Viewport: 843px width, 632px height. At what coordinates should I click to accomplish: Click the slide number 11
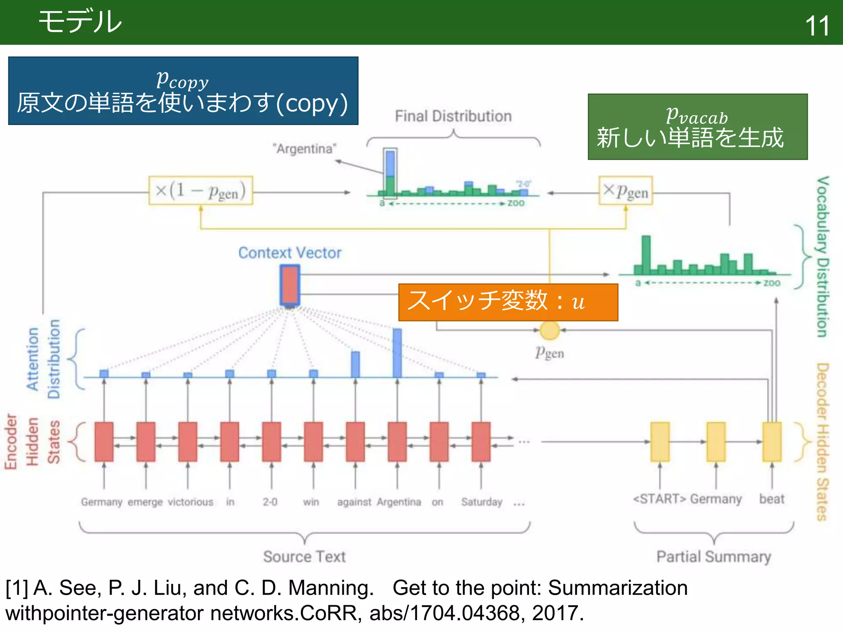(x=817, y=26)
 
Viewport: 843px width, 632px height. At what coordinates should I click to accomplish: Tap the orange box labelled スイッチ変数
(x=508, y=302)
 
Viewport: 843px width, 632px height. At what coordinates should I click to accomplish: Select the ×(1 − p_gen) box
(x=200, y=191)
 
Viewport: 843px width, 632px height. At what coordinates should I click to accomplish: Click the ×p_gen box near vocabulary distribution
(x=626, y=191)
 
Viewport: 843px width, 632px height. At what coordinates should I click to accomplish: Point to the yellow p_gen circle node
(x=550, y=330)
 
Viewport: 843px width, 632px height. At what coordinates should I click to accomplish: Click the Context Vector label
(x=290, y=253)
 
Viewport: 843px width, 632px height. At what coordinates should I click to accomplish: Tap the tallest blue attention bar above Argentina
(x=397, y=353)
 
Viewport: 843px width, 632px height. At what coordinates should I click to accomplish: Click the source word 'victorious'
(x=191, y=502)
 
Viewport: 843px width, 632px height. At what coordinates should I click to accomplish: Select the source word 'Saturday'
(x=482, y=502)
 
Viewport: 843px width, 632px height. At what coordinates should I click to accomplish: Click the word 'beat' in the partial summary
(x=772, y=499)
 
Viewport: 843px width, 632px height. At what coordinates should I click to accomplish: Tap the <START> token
(x=659, y=499)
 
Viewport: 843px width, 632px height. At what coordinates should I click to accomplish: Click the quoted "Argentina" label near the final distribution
(x=305, y=149)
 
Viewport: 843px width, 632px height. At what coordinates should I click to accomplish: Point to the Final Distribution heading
(x=453, y=116)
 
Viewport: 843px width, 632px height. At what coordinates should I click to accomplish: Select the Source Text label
(x=304, y=557)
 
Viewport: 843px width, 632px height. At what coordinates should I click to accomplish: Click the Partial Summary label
(x=714, y=557)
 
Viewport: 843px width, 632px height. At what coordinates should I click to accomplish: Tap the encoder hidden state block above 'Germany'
(x=104, y=441)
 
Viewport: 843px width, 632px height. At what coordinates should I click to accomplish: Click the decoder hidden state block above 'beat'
(x=772, y=441)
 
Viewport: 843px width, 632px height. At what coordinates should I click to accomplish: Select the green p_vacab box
(x=697, y=127)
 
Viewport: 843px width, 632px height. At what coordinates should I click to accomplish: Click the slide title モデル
(x=80, y=21)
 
